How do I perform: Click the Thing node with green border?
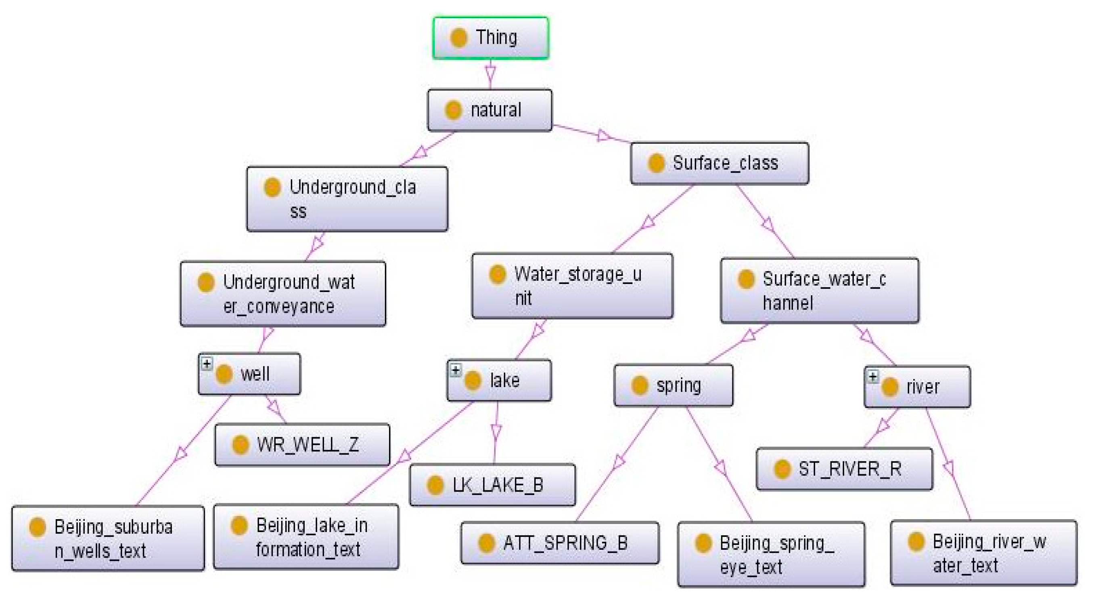491,38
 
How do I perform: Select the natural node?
489,110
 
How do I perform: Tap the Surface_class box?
720,163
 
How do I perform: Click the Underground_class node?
347,198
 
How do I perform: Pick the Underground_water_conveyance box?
283,294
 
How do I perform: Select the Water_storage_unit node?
572,286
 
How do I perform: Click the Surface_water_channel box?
819,291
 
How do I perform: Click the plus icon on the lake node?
455,370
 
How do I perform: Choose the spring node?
673,385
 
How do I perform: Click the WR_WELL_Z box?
302,444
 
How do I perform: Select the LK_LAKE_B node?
492,485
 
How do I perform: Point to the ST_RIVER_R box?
844,469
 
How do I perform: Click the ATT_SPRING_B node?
560,543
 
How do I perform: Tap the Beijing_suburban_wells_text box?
108,539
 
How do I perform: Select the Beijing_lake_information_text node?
306,537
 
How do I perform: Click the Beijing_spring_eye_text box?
771,554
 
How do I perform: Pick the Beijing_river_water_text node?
983,553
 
